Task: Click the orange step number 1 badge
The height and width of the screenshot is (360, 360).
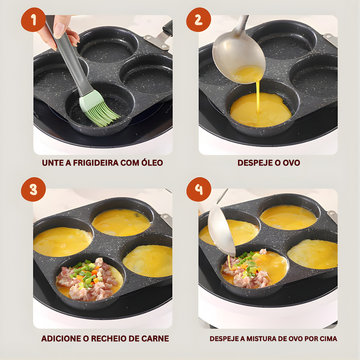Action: coord(33,20)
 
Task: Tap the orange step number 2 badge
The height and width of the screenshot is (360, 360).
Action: coord(199,20)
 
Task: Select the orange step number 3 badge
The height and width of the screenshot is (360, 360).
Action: coord(33,189)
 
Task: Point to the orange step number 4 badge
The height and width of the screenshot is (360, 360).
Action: coord(199,189)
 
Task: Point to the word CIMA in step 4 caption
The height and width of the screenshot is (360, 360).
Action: coord(329,339)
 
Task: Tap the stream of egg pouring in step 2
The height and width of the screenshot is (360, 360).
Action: coord(258,96)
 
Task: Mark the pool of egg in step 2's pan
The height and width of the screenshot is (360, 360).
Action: coord(261,110)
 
